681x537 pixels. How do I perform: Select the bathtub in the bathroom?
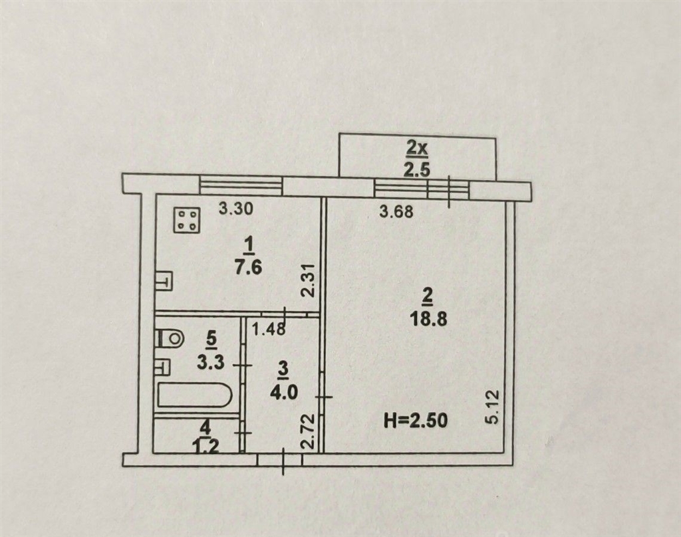pos(192,394)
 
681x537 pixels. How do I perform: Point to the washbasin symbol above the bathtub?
pos(164,368)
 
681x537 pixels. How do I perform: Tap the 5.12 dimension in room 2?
pos(495,407)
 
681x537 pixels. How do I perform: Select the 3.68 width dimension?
pos(396,212)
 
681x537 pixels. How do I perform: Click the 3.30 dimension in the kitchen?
pos(236,209)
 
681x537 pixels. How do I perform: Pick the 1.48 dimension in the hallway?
pos(269,329)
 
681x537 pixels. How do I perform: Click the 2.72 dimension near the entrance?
pos(308,433)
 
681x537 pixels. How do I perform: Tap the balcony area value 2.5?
pos(417,169)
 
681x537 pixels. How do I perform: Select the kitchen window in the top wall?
pos(241,185)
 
